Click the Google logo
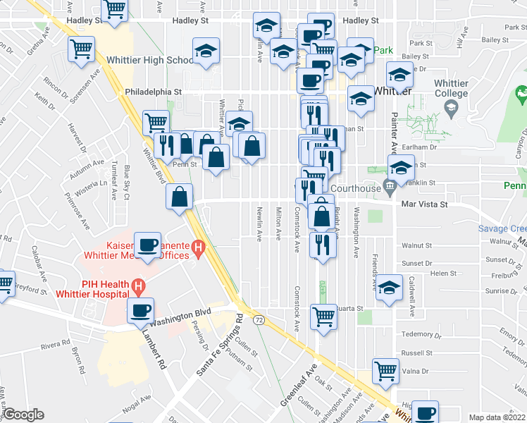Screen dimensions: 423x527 [23, 415]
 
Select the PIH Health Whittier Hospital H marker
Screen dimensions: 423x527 [138, 287]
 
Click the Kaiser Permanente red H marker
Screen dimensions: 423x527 [199, 248]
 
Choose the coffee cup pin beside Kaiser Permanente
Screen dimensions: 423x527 [148, 246]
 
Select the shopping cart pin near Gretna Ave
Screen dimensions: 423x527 [82, 50]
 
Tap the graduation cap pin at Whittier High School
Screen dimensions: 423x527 [206, 51]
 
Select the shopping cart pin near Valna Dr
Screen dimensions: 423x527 [385, 371]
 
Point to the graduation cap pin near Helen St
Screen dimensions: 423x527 [388, 288]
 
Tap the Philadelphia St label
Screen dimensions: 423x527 [154, 92]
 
